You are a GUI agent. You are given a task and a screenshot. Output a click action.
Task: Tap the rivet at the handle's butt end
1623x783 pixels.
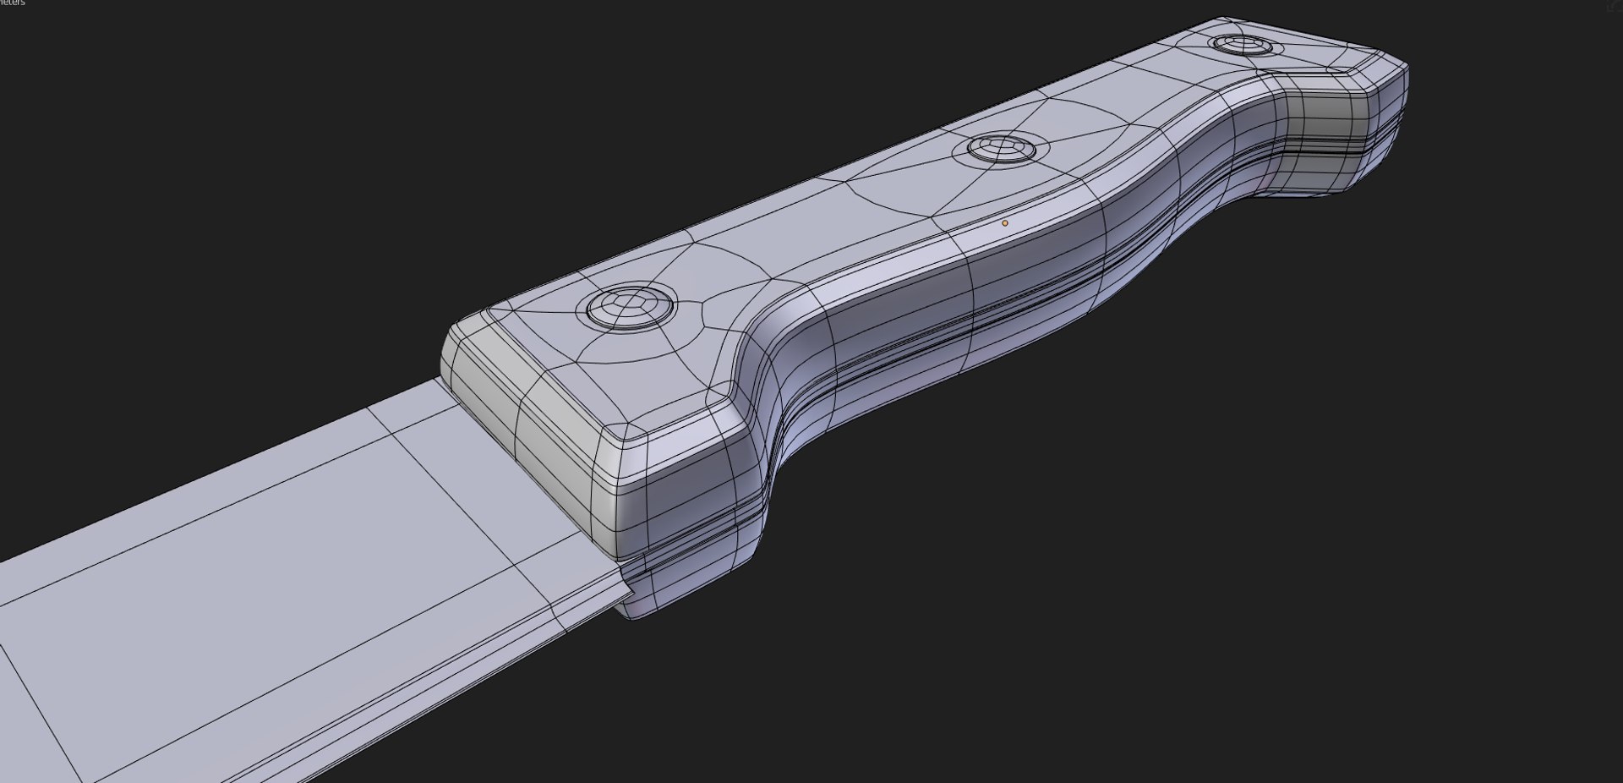(1241, 44)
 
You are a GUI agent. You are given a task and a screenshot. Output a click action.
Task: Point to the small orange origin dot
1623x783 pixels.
(1004, 223)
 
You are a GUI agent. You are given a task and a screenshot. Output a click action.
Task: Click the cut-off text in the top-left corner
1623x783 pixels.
(12, 3)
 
